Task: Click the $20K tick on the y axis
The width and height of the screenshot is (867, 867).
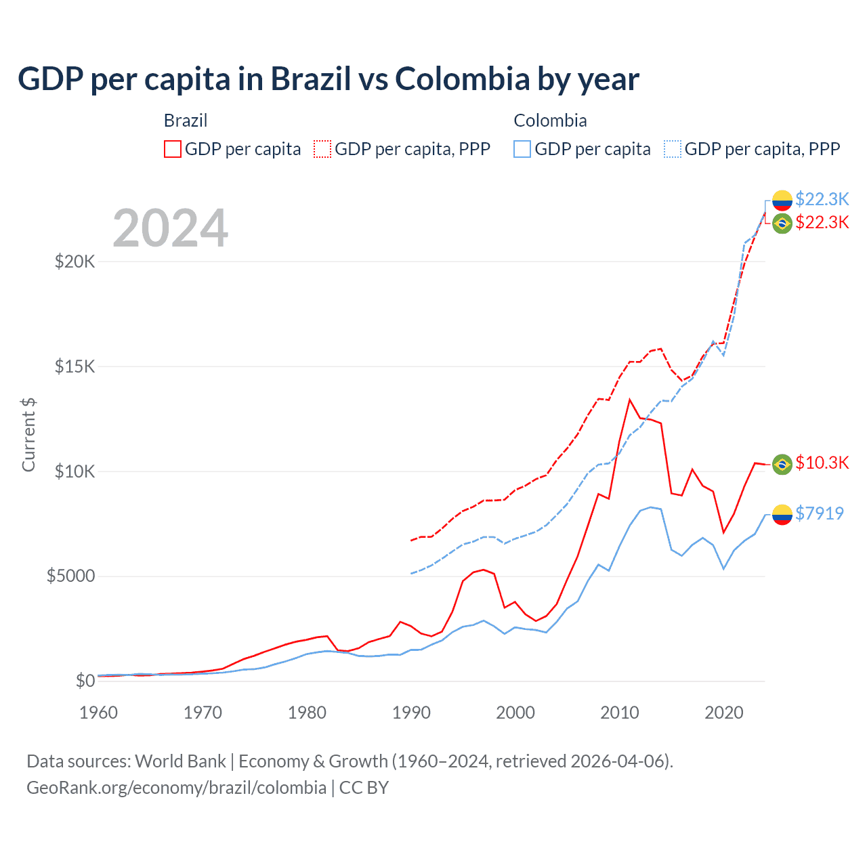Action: pyautogui.click(x=75, y=261)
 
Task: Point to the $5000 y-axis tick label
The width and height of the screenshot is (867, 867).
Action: pyautogui.click(x=70, y=576)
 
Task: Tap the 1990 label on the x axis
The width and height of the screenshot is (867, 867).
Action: pyautogui.click(x=411, y=713)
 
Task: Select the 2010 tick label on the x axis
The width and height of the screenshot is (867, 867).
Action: pyautogui.click(x=620, y=713)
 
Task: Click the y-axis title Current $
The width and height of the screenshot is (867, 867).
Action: pyautogui.click(x=28, y=434)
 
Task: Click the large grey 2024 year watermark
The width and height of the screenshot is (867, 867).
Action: pyautogui.click(x=170, y=229)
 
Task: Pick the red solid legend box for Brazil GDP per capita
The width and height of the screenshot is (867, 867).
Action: pyautogui.click(x=173, y=149)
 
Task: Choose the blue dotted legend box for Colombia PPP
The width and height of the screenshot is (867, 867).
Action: pyautogui.click(x=673, y=149)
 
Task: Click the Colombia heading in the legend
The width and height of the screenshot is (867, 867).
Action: pyautogui.click(x=550, y=121)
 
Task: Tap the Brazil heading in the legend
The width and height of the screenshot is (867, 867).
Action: pyautogui.click(x=186, y=121)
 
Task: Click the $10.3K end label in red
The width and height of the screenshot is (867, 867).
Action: pyautogui.click(x=822, y=463)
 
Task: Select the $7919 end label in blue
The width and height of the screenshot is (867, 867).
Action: pyautogui.click(x=820, y=513)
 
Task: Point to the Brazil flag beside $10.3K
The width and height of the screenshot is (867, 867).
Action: pyautogui.click(x=782, y=464)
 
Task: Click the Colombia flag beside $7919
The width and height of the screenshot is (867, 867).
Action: pyautogui.click(x=782, y=514)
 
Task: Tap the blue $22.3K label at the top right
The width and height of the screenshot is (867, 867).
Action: pyautogui.click(x=822, y=199)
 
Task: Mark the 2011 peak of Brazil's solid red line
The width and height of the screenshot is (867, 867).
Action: pyautogui.click(x=630, y=400)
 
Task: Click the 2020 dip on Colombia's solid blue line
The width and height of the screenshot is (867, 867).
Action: pyautogui.click(x=723, y=568)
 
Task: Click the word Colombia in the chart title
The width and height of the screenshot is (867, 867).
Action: pyautogui.click(x=462, y=79)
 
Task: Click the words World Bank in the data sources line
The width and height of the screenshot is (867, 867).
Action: pyautogui.click(x=180, y=761)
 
